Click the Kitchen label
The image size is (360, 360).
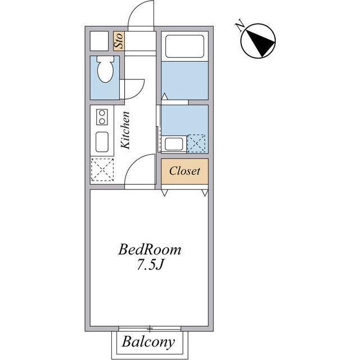(x=125, y=130)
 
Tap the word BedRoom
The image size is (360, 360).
(x=150, y=250)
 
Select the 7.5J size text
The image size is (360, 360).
(x=150, y=265)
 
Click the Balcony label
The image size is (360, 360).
(x=148, y=342)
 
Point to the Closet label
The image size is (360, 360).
(x=184, y=171)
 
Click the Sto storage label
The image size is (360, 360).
(x=119, y=41)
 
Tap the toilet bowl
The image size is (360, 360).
(x=105, y=69)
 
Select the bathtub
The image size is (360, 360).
(x=184, y=46)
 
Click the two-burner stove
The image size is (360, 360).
(x=102, y=117)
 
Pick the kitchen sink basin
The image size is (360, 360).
(x=102, y=142)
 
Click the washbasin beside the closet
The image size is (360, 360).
(x=174, y=144)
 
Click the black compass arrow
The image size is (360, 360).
(x=260, y=43)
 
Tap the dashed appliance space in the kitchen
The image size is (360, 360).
(x=102, y=170)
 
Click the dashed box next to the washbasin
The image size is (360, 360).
(x=196, y=143)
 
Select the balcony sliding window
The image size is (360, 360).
(x=150, y=328)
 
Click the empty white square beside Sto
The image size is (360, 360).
(x=99, y=41)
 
